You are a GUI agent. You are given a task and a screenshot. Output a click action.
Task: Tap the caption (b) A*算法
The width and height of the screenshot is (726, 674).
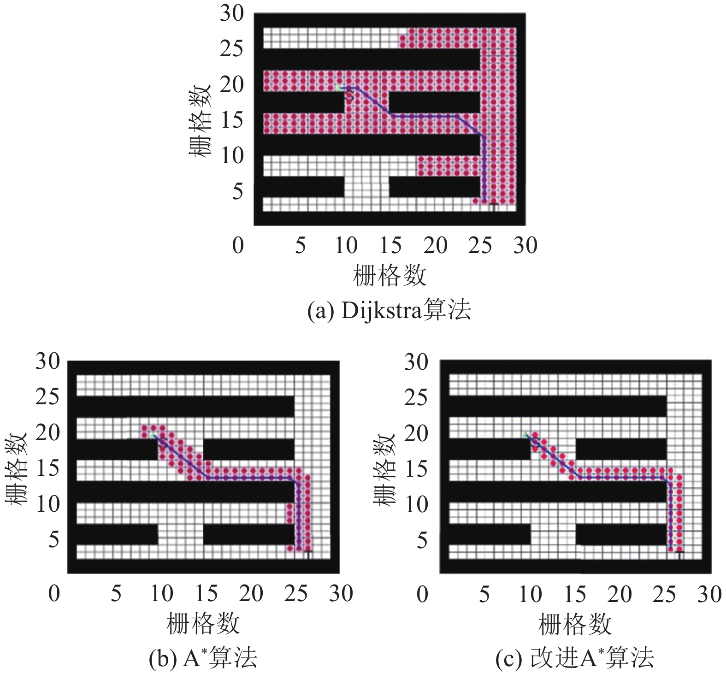tap(203, 658)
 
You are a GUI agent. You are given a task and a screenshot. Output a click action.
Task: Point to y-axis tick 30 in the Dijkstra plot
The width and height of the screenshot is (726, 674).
tap(231, 13)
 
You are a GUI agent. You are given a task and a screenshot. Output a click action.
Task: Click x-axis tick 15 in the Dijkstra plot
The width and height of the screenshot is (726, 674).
tap(390, 246)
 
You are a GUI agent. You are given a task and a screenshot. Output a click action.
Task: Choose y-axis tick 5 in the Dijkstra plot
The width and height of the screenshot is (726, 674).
tap(237, 191)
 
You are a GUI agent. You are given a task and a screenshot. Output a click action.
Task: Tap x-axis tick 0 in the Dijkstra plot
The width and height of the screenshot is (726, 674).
tap(238, 246)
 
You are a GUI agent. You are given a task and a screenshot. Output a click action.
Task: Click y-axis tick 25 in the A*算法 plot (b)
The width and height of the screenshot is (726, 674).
tap(47, 397)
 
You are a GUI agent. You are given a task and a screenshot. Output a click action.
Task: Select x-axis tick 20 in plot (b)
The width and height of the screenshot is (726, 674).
tap(251, 594)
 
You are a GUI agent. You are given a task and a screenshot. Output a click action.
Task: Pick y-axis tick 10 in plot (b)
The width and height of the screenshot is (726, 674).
tap(47, 504)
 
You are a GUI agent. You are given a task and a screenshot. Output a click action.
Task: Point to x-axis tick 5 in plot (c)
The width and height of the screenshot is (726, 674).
tap(484, 594)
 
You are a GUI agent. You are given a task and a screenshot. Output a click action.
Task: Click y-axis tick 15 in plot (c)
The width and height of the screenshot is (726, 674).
tap(416, 469)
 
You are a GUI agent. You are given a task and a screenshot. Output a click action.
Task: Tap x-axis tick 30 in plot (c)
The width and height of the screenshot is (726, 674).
tap(709, 594)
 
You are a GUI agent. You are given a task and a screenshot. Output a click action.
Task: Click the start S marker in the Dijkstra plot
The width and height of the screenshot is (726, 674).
tap(349, 96)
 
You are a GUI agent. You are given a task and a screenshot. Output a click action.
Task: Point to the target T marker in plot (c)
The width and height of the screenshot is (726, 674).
tap(679, 552)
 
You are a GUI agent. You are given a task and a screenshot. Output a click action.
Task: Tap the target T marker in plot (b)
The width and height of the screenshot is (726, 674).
tap(308, 552)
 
